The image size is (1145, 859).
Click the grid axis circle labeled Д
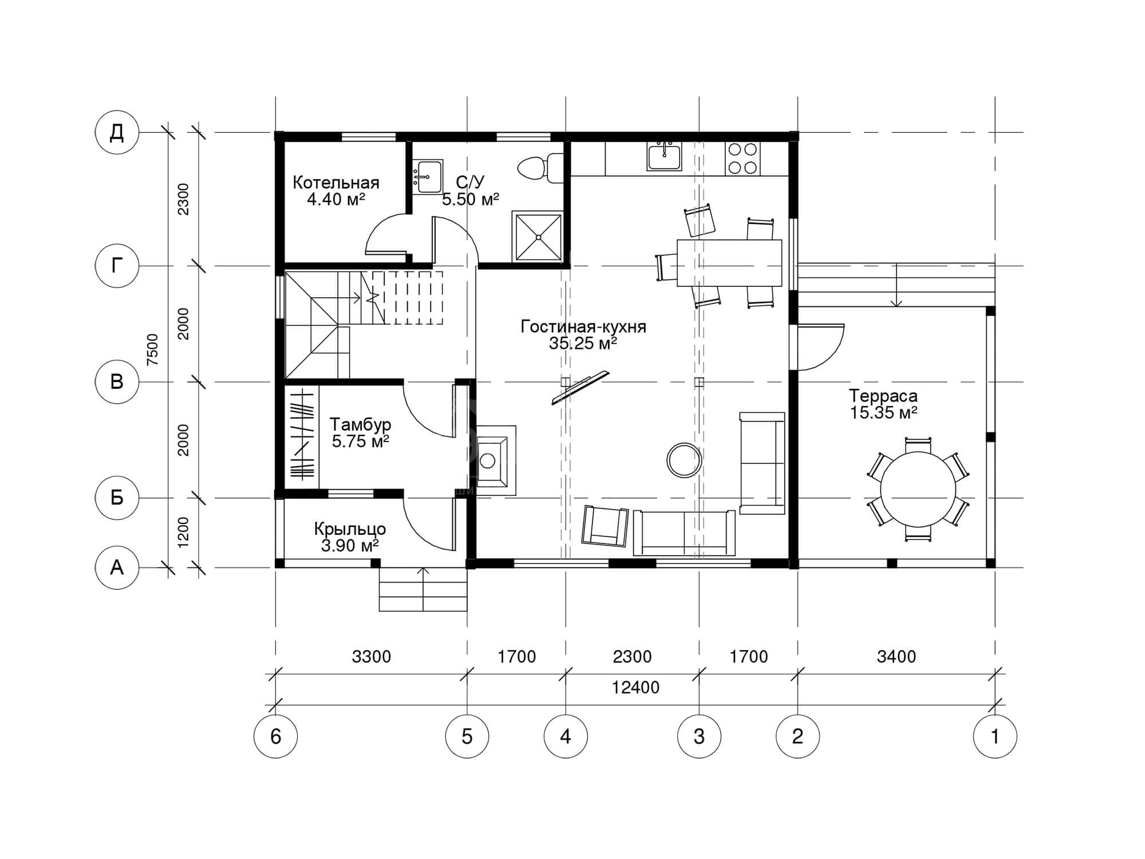click(x=117, y=132)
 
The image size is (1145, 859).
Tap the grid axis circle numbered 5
click(x=467, y=736)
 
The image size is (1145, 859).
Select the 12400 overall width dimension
click(x=635, y=687)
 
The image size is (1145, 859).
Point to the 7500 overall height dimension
click(x=152, y=349)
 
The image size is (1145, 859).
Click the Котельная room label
click(x=336, y=183)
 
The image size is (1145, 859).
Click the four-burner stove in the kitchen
click(x=743, y=159)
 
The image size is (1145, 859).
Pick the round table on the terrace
click(x=918, y=490)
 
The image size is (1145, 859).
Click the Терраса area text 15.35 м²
click(x=883, y=412)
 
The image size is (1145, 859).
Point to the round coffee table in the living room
click(x=684, y=459)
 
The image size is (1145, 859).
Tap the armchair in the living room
click(x=605, y=526)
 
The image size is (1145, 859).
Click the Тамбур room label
click(x=361, y=424)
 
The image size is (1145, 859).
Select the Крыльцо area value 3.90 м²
click(x=350, y=546)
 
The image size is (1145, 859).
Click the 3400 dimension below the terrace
click(x=897, y=656)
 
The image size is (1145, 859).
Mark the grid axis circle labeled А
click(x=117, y=567)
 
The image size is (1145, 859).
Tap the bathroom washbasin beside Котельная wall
click(x=427, y=177)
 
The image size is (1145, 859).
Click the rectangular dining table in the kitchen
click(x=729, y=263)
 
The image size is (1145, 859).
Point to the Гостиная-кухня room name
click(x=583, y=327)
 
